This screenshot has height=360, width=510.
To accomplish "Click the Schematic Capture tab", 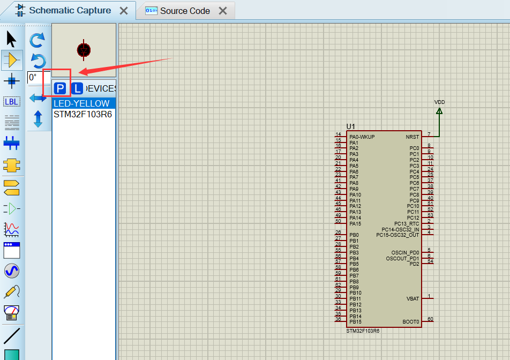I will [70, 11].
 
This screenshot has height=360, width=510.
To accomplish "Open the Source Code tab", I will [185, 11].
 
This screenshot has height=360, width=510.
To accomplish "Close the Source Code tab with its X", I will [223, 11].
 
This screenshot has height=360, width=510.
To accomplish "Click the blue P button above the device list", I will [61, 88].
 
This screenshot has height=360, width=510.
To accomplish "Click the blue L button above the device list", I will [78, 88].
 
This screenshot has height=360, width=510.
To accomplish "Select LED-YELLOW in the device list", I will [81, 103].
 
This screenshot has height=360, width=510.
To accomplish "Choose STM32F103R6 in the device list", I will [82, 114].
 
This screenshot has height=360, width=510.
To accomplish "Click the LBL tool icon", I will [11, 102].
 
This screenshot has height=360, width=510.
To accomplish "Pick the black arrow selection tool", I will [11, 39].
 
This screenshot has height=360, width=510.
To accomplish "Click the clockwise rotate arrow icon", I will [37, 40].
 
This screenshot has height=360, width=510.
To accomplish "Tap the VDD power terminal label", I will [439, 102].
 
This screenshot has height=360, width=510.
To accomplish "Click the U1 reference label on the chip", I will [351, 126].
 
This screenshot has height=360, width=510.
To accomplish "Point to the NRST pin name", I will [412, 137].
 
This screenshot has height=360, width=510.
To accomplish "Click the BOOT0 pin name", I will [411, 322].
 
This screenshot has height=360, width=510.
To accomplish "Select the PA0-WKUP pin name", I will [362, 137].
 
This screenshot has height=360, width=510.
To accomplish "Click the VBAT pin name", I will [412, 299].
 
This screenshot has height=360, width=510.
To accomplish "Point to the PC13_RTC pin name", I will [407, 223].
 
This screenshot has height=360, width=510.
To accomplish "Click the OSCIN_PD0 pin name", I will [406, 252].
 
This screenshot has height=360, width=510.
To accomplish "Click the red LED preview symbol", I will [84, 49].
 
